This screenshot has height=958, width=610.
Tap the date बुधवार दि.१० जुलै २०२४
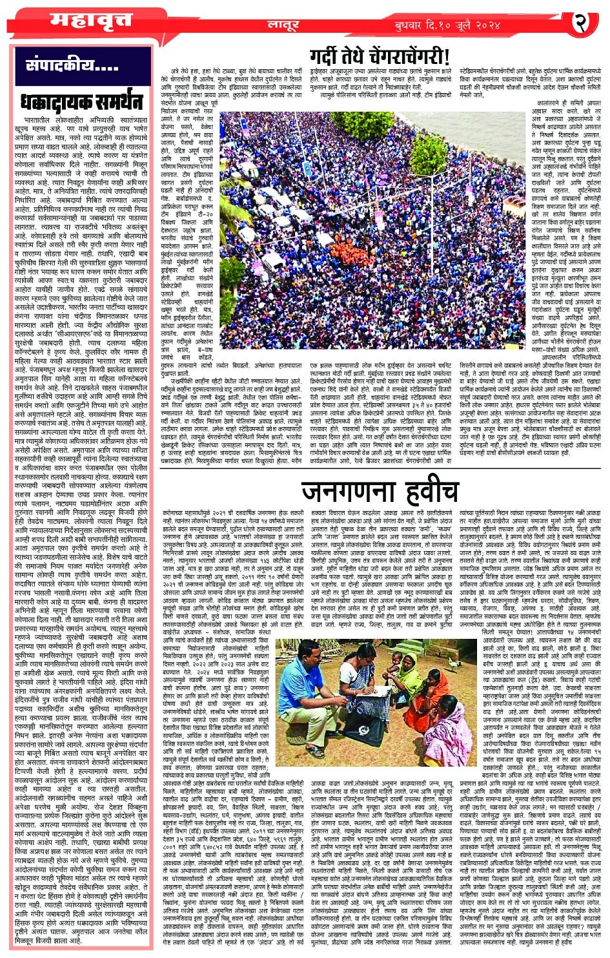coord(448,25)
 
